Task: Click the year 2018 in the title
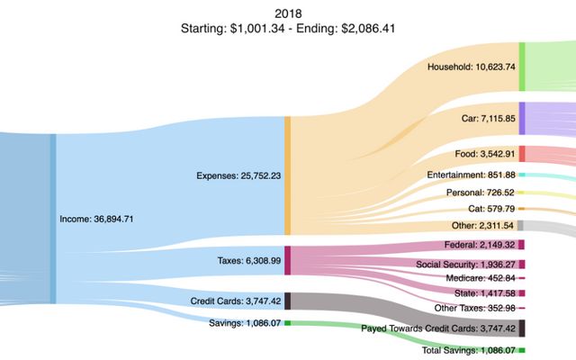click(287, 13)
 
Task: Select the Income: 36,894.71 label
click(96, 219)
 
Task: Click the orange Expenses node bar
click(288, 175)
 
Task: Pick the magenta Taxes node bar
click(288, 260)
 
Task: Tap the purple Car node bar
click(522, 118)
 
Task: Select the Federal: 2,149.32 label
click(480, 245)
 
